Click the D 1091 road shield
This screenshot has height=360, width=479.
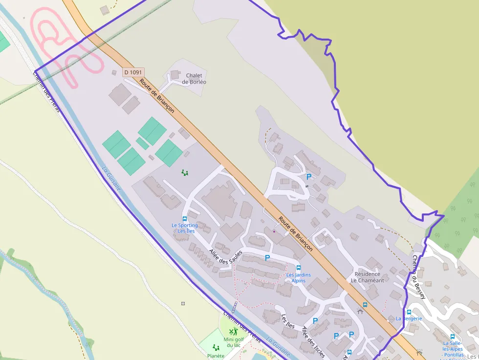133,72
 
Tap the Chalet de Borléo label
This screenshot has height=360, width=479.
194,79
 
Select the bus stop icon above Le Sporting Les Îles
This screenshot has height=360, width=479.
184,219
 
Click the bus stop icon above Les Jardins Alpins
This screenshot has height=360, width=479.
299,268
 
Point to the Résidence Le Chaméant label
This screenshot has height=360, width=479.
367,277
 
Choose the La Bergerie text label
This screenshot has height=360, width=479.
409,318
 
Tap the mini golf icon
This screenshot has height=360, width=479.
233,332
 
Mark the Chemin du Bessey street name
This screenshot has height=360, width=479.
419,276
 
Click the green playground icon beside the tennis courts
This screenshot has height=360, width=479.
184,172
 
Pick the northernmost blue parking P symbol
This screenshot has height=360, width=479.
308,177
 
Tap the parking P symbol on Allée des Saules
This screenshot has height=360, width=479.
267,257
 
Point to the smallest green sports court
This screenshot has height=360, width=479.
142,144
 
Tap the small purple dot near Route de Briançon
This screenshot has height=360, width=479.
274,231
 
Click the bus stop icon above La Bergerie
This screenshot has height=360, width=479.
409,312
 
